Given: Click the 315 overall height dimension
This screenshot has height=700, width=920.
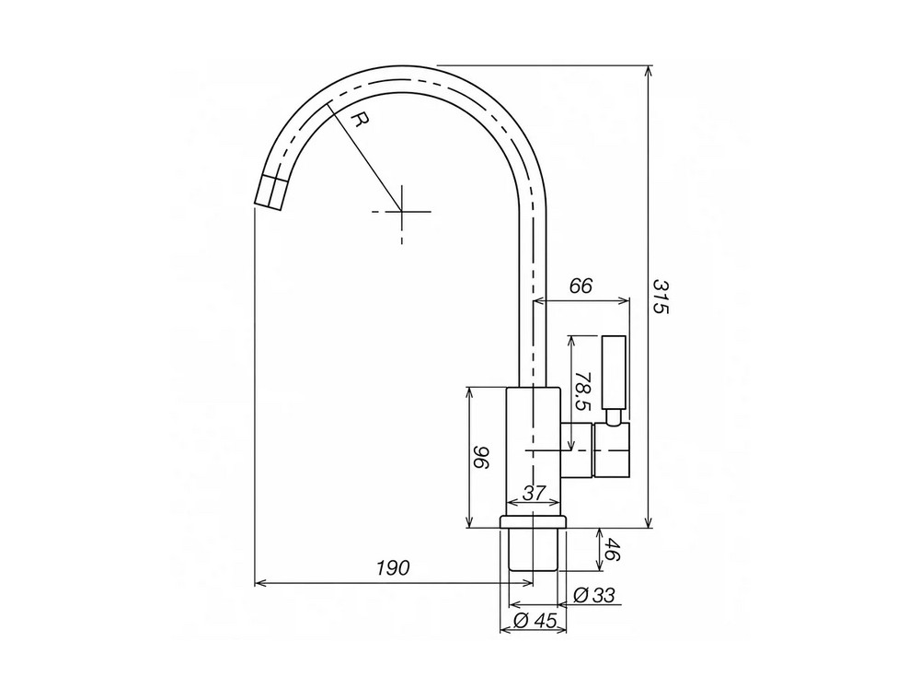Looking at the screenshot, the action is pos(661,297).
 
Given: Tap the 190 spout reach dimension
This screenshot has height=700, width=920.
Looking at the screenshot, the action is pos(393,568).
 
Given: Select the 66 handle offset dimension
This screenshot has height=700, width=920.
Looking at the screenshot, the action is pos(581,286).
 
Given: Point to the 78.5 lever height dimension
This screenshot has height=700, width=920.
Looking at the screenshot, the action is pos(583,391).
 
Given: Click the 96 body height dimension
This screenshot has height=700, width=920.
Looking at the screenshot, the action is pos(482,458).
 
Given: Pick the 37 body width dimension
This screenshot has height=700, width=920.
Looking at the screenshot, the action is pos(534,493).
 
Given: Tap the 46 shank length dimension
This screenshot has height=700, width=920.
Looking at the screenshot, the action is pos(612,550).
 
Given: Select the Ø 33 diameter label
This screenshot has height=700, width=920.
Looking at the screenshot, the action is pos(594,595).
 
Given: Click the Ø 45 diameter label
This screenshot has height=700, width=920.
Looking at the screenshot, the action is pos(535,620).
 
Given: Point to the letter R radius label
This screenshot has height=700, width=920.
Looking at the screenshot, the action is pos(361,121).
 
